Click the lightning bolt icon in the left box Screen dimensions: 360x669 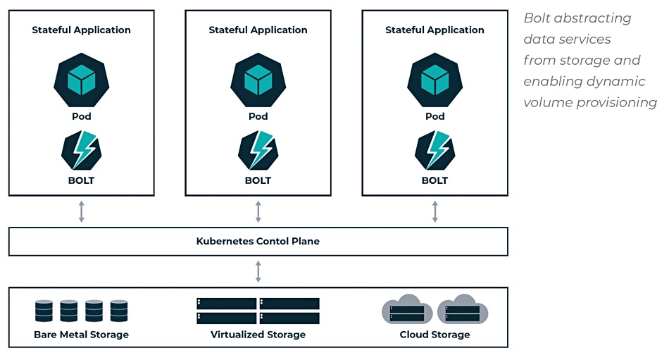click(x=81, y=149)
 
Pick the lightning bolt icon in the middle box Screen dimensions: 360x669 click(x=258, y=149)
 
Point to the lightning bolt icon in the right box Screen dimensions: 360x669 click(x=434, y=149)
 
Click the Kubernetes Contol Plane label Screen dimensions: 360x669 click(x=258, y=241)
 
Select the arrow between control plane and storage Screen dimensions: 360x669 click(x=258, y=271)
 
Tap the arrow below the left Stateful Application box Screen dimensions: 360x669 click(x=81, y=211)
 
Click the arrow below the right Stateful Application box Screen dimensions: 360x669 click(x=434, y=211)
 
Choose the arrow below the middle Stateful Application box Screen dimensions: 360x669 click(x=258, y=211)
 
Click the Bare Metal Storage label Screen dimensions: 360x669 click(x=81, y=335)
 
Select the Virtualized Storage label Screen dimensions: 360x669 click(x=258, y=335)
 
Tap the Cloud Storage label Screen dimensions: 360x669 click(x=434, y=335)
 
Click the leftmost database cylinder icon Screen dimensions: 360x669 click(x=44, y=311)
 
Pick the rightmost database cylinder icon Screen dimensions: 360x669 click(x=119, y=311)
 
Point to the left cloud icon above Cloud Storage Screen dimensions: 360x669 click(x=407, y=310)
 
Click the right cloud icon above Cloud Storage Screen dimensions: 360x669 click(x=463, y=310)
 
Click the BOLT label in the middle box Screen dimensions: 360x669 click(x=258, y=180)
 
